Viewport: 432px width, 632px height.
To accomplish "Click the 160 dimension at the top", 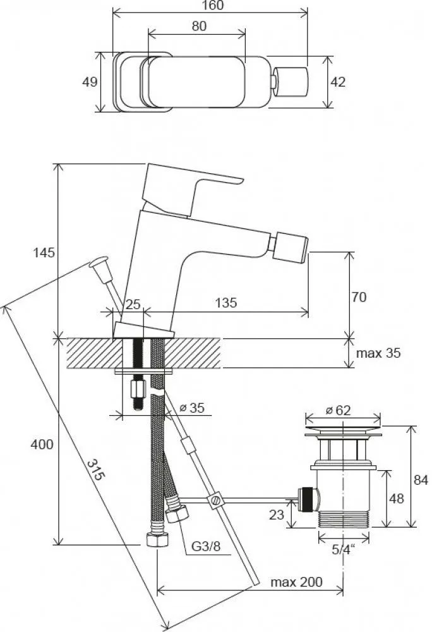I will coord(210,5).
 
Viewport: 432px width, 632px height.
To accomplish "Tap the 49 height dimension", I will coord(90,82).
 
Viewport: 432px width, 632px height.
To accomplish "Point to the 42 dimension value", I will coord(339,82).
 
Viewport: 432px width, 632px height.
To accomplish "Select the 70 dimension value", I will coord(359,296).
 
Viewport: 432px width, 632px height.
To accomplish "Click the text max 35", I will coord(378,353).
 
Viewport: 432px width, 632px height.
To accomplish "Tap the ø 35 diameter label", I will coord(192,408).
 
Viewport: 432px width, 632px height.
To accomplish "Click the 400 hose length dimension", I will coord(43,444).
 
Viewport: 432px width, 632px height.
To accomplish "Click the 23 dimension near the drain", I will coord(277,515).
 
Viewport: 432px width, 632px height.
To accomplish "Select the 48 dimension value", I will coord(397,499).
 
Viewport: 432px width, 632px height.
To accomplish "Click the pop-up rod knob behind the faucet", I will coord(99,262).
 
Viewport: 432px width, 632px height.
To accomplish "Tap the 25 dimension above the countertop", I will coord(132,304).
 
